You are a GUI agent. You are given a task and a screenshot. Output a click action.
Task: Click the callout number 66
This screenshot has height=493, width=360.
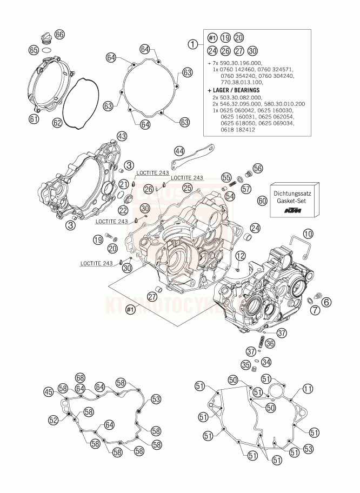(x=59, y=34)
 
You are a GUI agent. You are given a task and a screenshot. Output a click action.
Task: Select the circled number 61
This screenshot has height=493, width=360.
(x=34, y=118)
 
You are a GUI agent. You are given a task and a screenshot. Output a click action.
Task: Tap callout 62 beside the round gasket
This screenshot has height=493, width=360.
(x=57, y=123)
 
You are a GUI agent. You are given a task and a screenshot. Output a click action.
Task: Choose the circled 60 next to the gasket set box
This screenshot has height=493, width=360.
(x=263, y=200)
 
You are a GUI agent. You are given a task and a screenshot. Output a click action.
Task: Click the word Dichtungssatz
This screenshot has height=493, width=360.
(x=297, y=192)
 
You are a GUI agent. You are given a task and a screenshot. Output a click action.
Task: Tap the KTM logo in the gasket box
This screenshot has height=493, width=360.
(x=297, y=210)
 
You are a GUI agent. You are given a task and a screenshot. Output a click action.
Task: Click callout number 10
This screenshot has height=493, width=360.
(x=308, y=234)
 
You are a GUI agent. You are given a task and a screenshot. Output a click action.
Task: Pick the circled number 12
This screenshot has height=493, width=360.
(x=240, y=255)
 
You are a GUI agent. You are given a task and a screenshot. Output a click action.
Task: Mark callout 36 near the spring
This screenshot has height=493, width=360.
(x=270, y=343)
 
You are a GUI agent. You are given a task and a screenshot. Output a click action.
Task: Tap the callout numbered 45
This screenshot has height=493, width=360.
(x=49, y=391)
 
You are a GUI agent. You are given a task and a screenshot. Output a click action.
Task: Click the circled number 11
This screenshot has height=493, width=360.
(x=308, y=389)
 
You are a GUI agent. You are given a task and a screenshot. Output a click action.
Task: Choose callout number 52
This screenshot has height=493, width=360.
(x=53, y=419)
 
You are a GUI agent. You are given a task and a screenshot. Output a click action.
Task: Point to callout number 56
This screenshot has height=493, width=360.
(x=258, y=168)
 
